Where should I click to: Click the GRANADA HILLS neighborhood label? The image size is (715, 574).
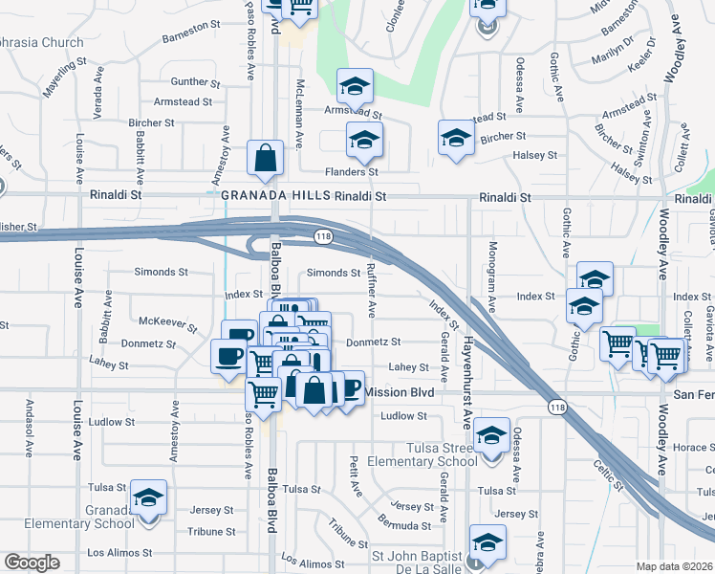point(275,195)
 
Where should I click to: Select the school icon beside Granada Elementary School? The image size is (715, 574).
point(148,499)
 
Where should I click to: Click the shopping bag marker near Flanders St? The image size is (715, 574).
point(265,159)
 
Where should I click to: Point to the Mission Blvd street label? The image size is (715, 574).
point(400,392)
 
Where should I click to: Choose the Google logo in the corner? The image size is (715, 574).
point(32,563)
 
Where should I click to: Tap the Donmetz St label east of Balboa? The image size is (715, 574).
point(373,342)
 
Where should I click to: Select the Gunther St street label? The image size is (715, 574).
point(189,82)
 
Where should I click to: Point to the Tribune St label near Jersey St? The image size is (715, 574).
point(206,531)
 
